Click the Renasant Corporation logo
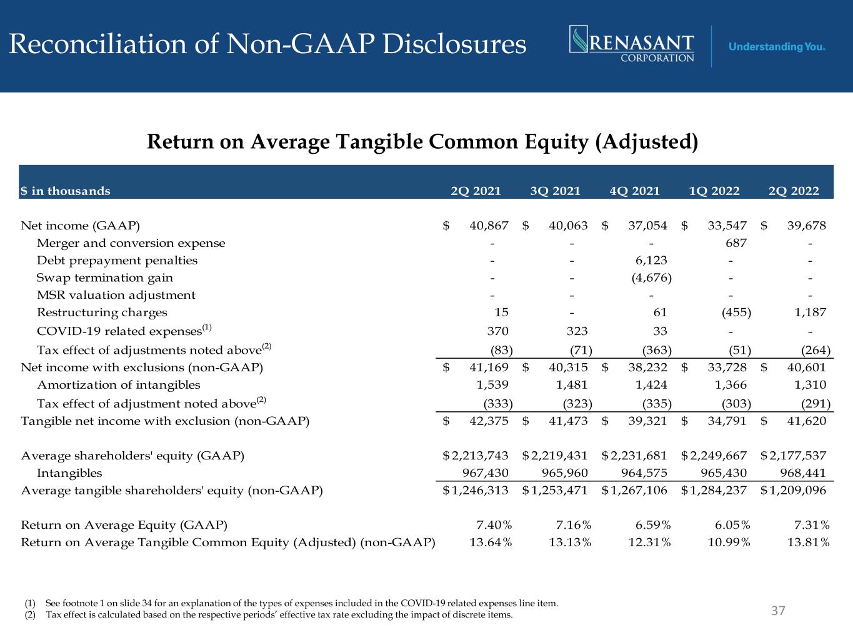tap(632, 44)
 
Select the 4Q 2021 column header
tap(634, 191)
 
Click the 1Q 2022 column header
tap(714, 191)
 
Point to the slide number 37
tap(777, 610)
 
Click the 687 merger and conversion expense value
tap(735, 243)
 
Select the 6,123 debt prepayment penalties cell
tap(652, 261)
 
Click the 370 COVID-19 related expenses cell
tap(498, 331)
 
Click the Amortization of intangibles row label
tap(119, 385)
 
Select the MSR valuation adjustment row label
tap(116, 295)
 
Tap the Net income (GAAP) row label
tap(81, 226)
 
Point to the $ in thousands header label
tap(66, 191)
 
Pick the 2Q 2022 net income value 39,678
tap(806, 226)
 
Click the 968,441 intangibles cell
tap(802, 473)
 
